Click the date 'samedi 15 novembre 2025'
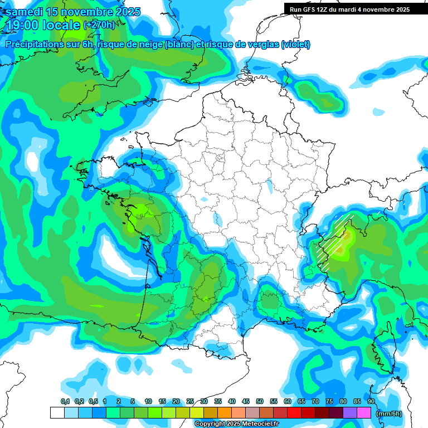pos(73,12)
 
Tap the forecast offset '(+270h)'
pos(99,25)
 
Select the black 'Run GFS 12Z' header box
pos(348,9)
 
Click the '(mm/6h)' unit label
pos(389,414)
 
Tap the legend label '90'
pos(371,402)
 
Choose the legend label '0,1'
pos(65,402)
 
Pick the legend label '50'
pos(260,402)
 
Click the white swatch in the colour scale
pos(57,413)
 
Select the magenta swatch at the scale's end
pos(364,413)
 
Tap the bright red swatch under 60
pos(294,413)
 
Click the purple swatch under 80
pos(350,413)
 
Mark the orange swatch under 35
pos(225,413)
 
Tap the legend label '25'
pos(190,402)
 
